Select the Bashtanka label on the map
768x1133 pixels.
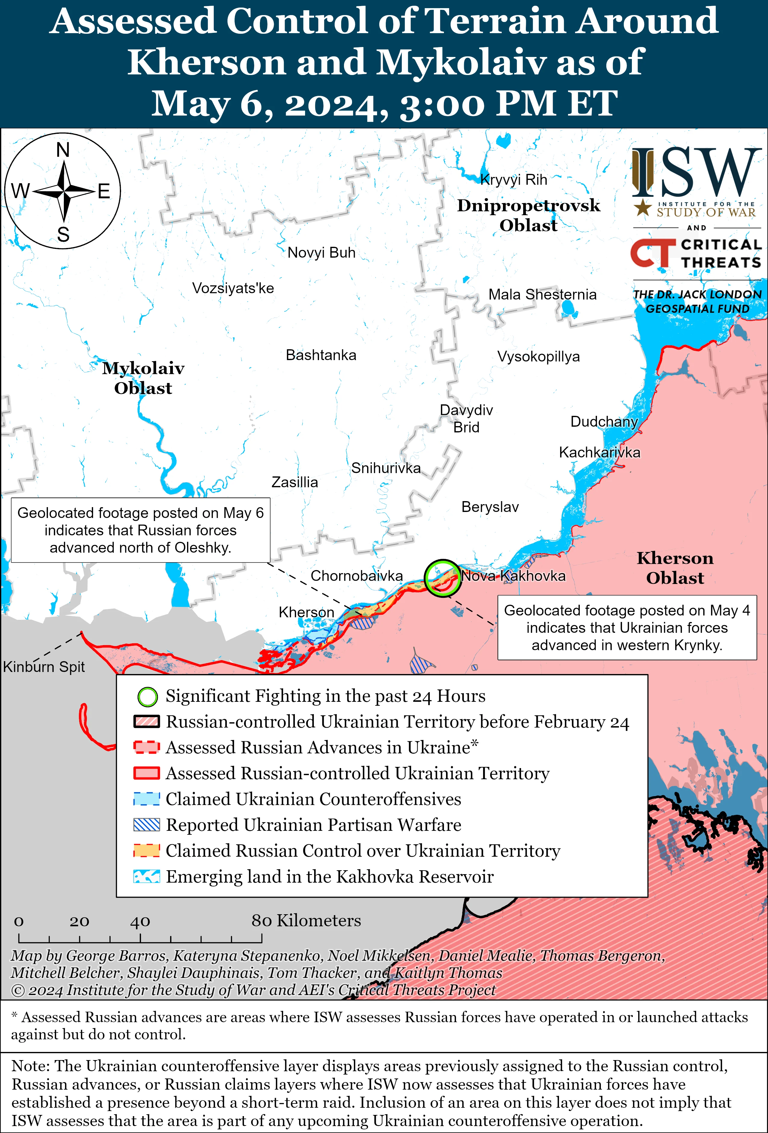click(x=321, y=355)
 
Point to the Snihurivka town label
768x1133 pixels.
click(x=386, y=468)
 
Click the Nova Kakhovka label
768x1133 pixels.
click(x=513, y=576)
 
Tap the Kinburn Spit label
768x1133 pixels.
click(x=44, y=667)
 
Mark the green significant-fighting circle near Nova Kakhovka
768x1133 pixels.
click(x=442, y=578)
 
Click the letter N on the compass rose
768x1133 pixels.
click(x=63, y=150)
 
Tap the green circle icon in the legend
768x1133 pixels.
click(x=147, y=697)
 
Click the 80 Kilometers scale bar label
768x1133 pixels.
click(x=306, y=921)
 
